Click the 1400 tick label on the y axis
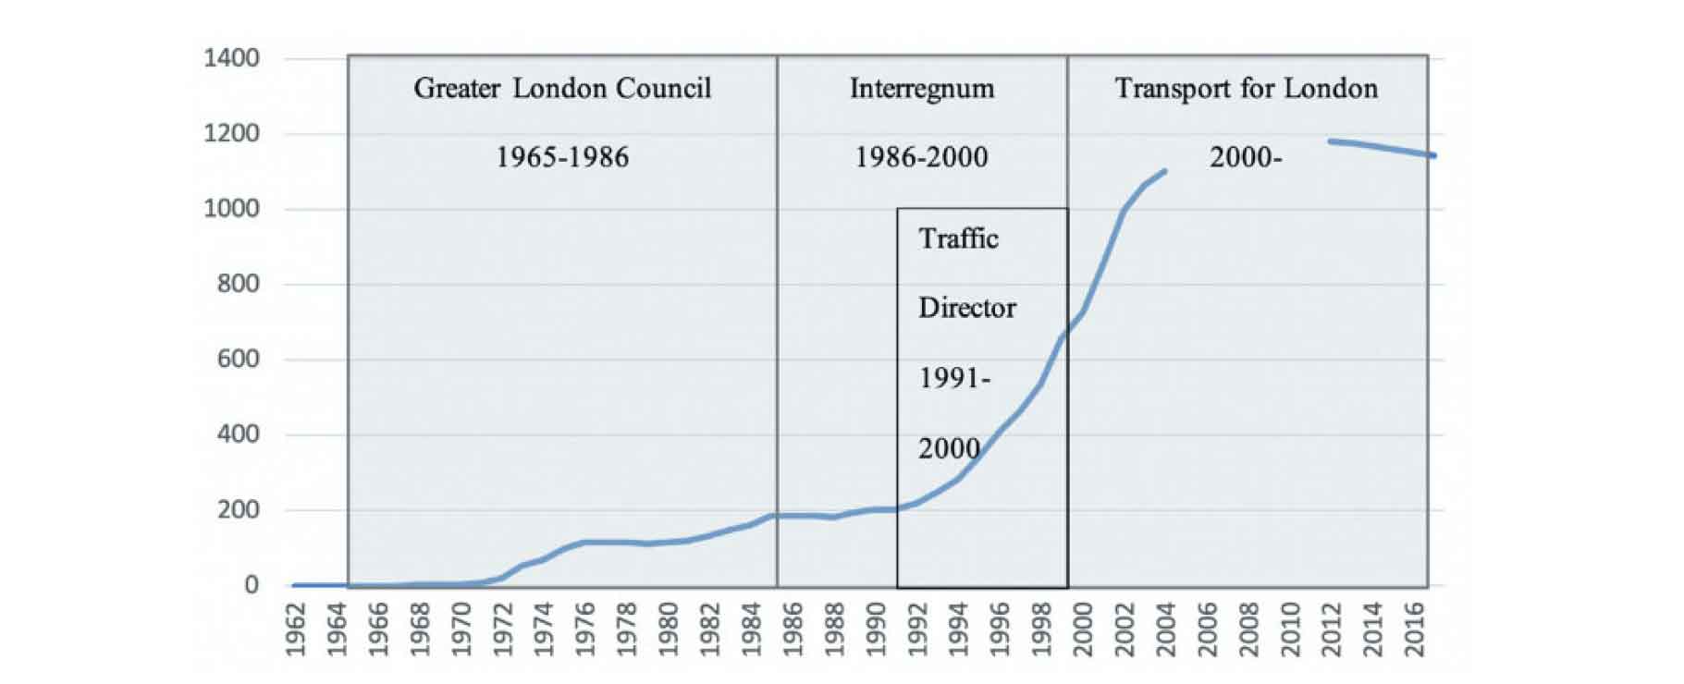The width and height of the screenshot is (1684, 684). [231, 58]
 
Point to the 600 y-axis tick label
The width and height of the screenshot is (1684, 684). [238, 359]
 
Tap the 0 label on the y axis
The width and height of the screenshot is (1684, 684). [251, 584]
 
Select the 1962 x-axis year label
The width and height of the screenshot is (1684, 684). [296, 629]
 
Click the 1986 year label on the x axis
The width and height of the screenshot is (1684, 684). [792, 629]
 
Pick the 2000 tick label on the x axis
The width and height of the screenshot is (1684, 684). [1082, 629]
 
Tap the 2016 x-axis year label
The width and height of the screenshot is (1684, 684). [1414, 629]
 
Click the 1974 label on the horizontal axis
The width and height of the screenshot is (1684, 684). [544, 629]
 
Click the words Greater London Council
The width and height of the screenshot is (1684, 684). [562, 89]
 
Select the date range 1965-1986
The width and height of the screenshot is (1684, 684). [562, 157]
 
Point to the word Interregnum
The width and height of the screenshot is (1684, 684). [922, 89]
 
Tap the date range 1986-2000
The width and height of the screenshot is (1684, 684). [921, 157]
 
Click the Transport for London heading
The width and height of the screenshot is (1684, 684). [1246, 89]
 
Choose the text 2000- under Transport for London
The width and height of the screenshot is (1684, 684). [1246, 157]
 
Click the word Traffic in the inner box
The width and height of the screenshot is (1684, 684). [958, 239]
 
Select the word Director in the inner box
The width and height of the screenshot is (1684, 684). [966, 308]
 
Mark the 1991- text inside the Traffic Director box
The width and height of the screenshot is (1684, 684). [954, 378]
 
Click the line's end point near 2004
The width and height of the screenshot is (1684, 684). [1164, 171]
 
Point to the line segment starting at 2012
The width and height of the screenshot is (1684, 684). [1333, 141]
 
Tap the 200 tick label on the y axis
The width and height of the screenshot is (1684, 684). [238, 509]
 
